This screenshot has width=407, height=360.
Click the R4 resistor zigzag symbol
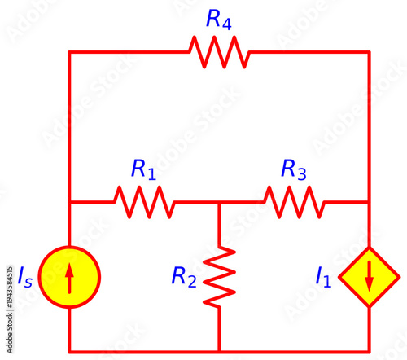(x=219, y=52)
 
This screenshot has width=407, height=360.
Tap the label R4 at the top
(x=219, y=20)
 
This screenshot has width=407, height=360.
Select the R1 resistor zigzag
(x=143, y=202)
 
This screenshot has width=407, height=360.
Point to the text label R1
(x=143, y=169)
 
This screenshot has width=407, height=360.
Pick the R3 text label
(x=294, y=169)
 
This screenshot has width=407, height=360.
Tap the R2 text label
(x=184, y=277)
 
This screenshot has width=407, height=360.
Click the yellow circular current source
(x=69, y=277)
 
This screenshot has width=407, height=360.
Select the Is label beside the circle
(x=26, y=277)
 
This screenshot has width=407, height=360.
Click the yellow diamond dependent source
(x=369, y=277)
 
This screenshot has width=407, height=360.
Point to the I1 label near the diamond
(x=323, y=277)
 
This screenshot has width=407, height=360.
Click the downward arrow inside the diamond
(x=369, y=278)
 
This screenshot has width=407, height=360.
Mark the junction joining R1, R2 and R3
(x=220, y=202)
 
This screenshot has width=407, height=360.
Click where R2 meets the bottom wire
(x=220, y=352)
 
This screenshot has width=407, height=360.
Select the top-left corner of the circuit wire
(x=69, y=52)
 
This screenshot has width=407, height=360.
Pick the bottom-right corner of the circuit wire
(x=369, y=352)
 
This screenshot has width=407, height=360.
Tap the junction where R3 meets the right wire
(x=369, y=202)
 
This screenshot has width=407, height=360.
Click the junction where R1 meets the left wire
(x=69, y=202)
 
